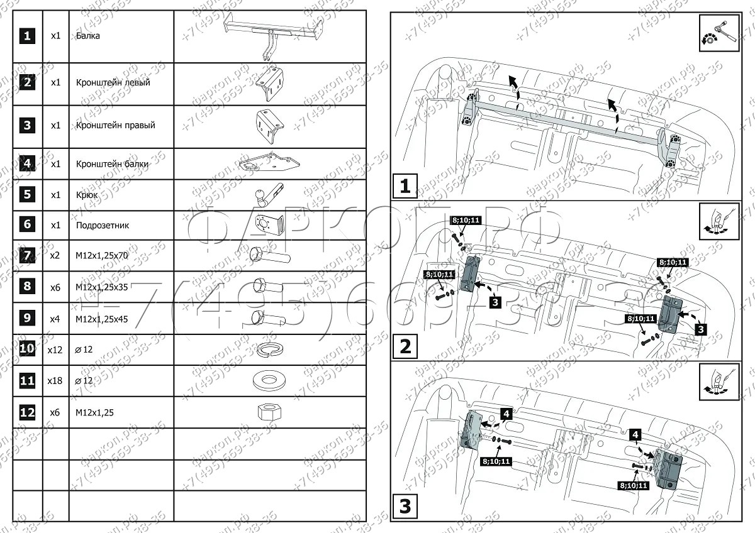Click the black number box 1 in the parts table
[26, 36]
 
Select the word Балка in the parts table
[87, 36]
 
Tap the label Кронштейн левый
[113, 82]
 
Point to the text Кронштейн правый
[115, 125]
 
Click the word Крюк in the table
[86, 195]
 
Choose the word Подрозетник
[103, 225]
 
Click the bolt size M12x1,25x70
[101, 256]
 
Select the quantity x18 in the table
[55, 381]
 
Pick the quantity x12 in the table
[55, 349]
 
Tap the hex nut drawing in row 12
[269, 412]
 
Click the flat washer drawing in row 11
[269, 380]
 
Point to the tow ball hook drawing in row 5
[268, 195]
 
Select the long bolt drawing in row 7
[269, 255]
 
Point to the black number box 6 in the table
[26, 225]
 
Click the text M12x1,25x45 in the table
[101, 319]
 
